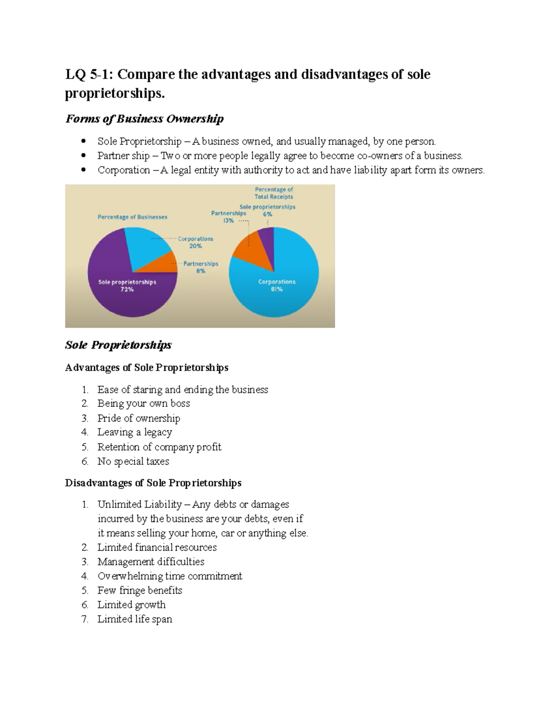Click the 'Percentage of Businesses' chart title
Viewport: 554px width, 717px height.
[132, 217]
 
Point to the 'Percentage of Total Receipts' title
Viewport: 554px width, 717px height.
[274, 193]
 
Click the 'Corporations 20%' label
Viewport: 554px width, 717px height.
[195, 242]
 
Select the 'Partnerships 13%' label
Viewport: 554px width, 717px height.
[229, 217]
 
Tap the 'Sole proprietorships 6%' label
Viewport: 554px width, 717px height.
[267, 211]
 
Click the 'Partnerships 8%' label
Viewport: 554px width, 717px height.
[200, 267]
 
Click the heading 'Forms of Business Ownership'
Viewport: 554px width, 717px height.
[145, 119]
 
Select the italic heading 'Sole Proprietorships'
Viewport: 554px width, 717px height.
[118, 345]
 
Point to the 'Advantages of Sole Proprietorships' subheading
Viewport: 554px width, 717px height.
[147, 368]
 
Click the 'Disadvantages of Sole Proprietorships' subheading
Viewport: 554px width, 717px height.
[153, 483]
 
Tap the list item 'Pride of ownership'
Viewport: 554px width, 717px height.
[138, 418]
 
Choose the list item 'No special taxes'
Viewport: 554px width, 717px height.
[133, 461]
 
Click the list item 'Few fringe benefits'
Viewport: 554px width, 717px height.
[139, 590]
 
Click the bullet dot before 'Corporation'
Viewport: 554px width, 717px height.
[84, 170]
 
